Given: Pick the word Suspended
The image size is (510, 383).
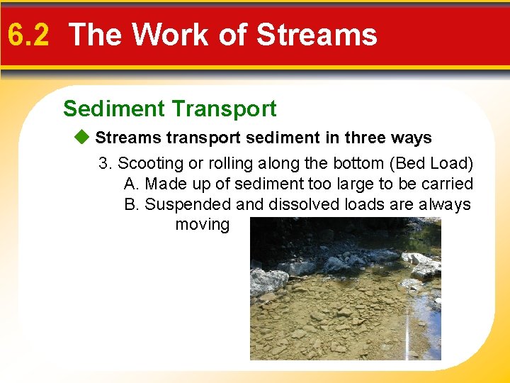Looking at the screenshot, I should [188, 204].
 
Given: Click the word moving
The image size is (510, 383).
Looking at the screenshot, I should [202, 225].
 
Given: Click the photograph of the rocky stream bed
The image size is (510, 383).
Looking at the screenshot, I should [345, 291].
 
